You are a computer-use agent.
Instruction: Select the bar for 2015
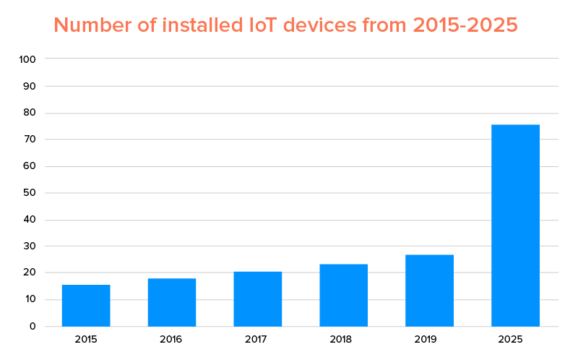click(x=86, y=305)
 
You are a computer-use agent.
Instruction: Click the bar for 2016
click(x=172, y=302)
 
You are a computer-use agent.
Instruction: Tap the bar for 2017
click(x=258, y=299)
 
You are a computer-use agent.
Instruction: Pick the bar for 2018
click(x=344, y=295)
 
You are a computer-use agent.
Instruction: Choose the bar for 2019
click(x=429, y=290)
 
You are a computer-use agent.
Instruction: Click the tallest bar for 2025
click(x=515, y=225)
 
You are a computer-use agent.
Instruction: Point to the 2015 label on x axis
click(x=86, y=339)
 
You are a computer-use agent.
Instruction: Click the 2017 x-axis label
click(x=258, y=339)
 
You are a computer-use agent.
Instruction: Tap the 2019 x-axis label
click(x=429, y=339)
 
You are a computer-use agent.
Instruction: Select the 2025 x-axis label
click(x=515, y=339)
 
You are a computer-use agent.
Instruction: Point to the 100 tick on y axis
click(x=27, y=59)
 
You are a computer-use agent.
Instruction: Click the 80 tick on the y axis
click(x=29, y=113)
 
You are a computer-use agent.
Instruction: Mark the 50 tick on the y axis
click(x=29, y=193)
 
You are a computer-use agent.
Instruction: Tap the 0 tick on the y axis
click(x=32, y=326)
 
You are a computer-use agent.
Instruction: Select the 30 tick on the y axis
click(x=29, y=247)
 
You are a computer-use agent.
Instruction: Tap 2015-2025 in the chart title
click(x=465, y=25)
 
